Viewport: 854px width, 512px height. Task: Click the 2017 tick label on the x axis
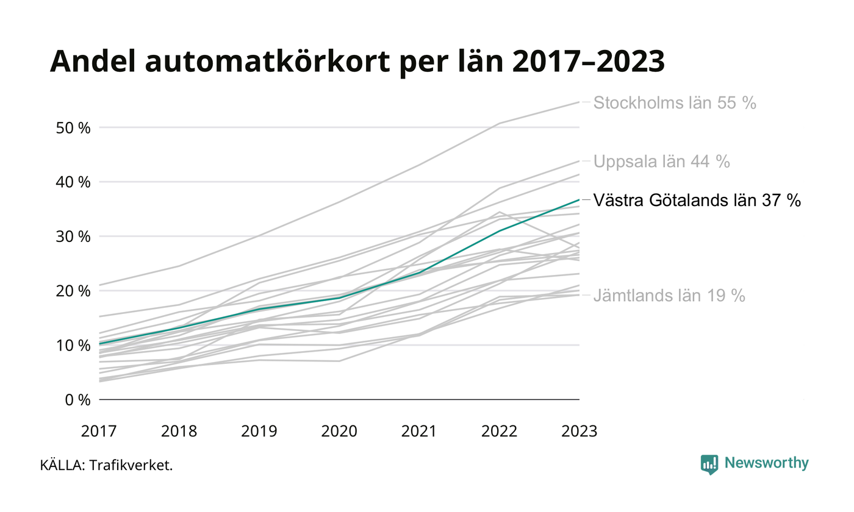[99, 432]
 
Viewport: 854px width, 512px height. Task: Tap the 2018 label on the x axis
[179, 432]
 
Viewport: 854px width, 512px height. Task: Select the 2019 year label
[259, 432]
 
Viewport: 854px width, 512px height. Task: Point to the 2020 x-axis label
[339, 432]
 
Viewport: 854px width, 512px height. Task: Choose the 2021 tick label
[419, 432]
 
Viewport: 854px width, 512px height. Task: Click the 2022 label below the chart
[499, 432]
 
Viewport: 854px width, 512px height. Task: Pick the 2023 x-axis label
[579, 432]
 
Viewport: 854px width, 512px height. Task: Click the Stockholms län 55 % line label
[675, 103]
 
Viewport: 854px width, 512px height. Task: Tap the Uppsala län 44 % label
[661, 162]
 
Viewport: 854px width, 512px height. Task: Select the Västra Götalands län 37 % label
[697, 201]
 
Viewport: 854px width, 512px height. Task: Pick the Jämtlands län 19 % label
[669, 296]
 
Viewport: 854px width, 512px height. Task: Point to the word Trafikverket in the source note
[131, 466]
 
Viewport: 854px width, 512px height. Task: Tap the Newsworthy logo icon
[709, 464]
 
